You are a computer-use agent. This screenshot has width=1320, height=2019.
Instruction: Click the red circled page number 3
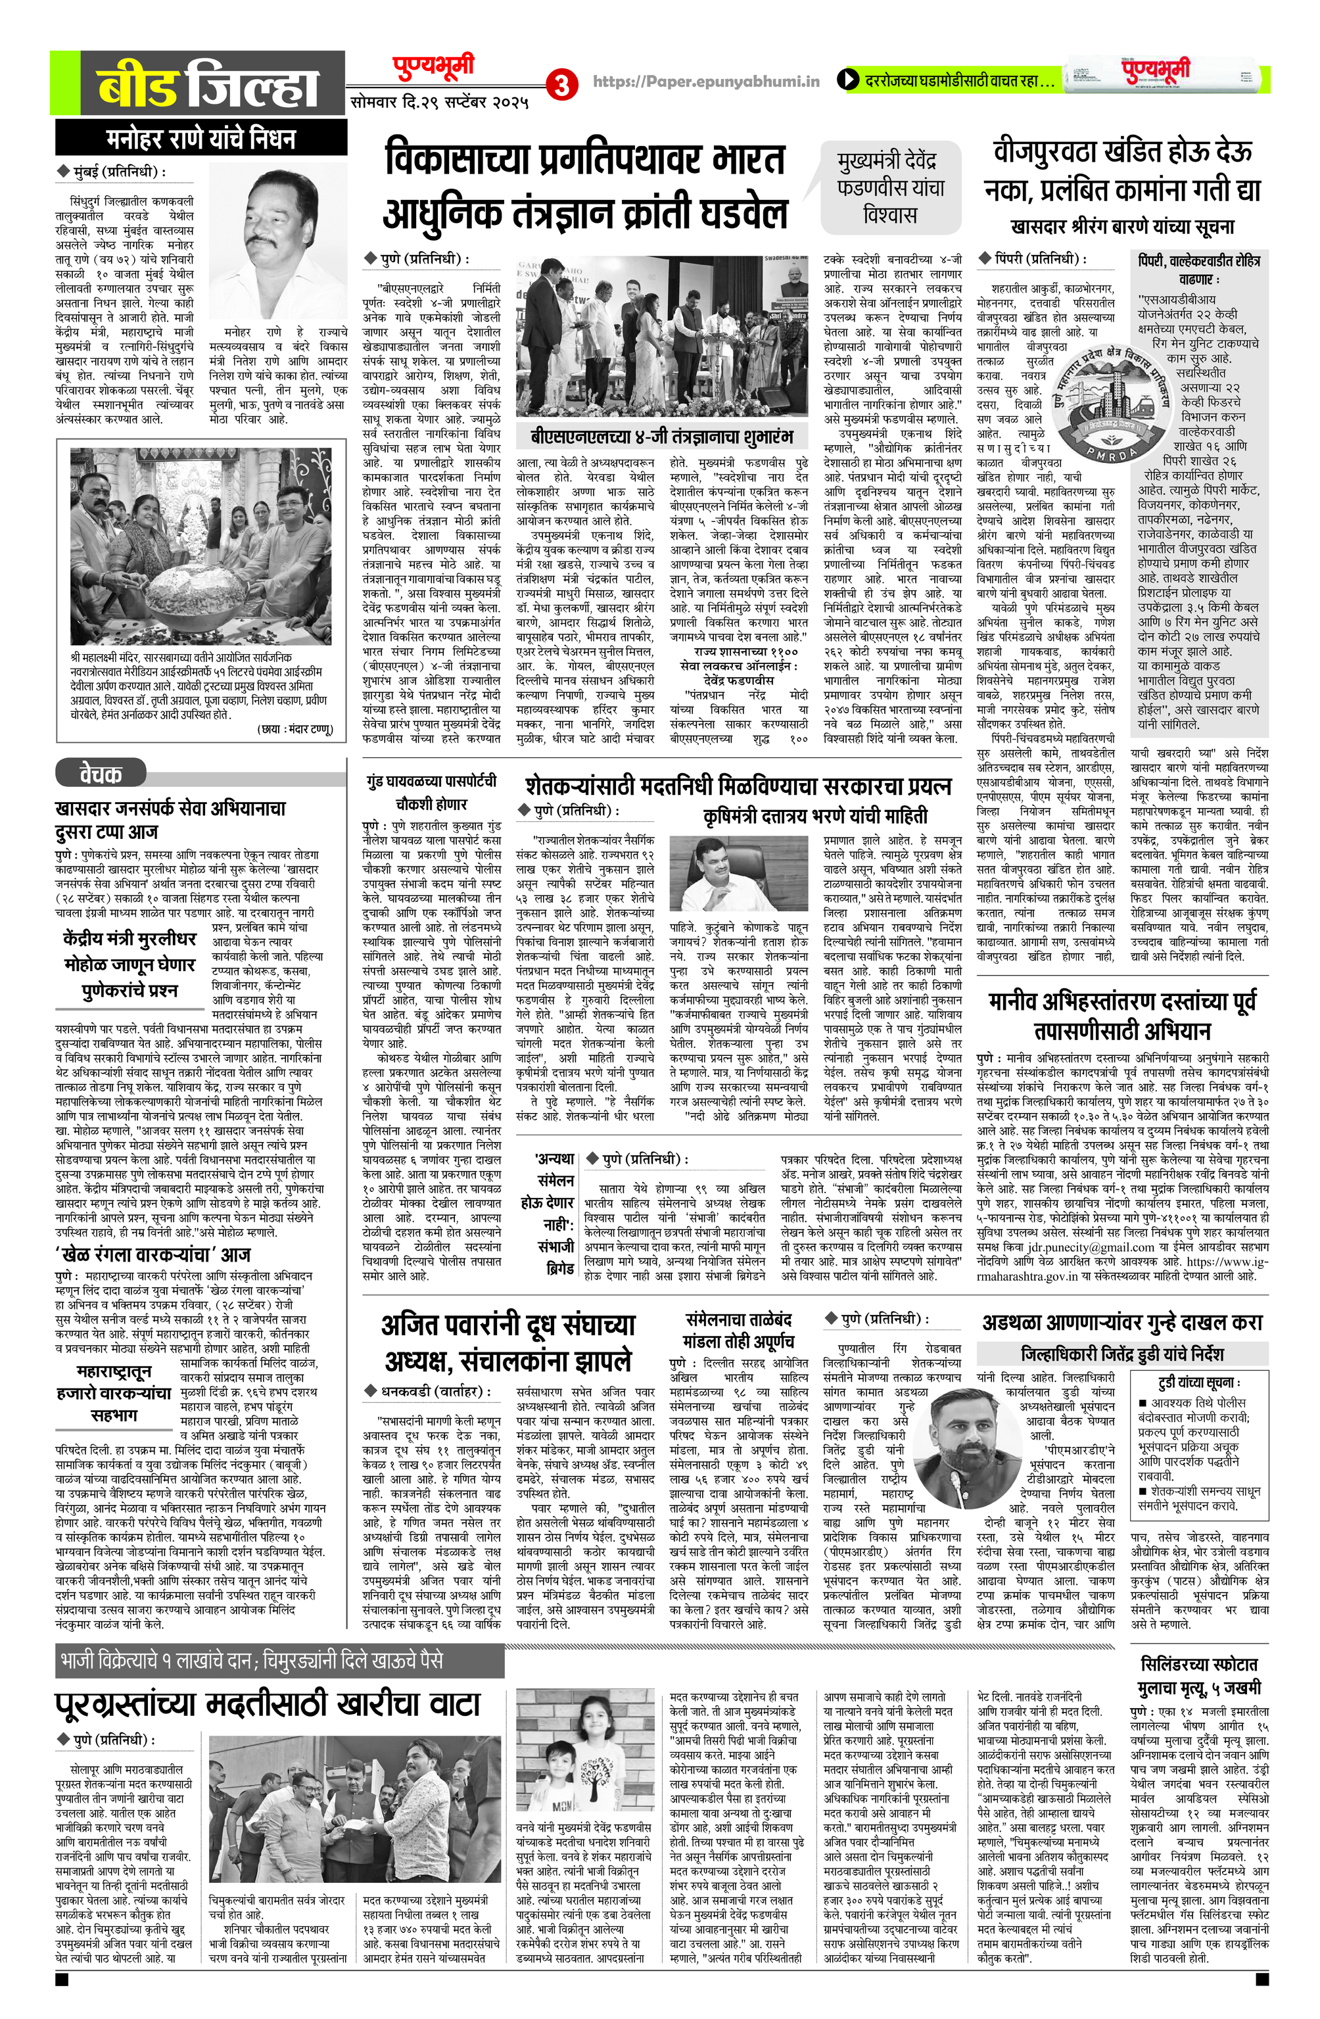(x=561, y=85)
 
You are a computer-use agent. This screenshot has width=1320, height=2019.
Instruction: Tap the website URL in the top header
(x=706, y=82)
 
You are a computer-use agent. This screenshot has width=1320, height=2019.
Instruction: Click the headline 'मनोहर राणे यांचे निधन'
(x=201, y=138)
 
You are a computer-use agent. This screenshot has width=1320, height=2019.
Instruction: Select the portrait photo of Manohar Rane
(x=277, y=240)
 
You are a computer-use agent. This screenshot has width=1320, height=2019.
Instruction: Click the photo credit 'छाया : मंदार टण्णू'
(x=295, y=728)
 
